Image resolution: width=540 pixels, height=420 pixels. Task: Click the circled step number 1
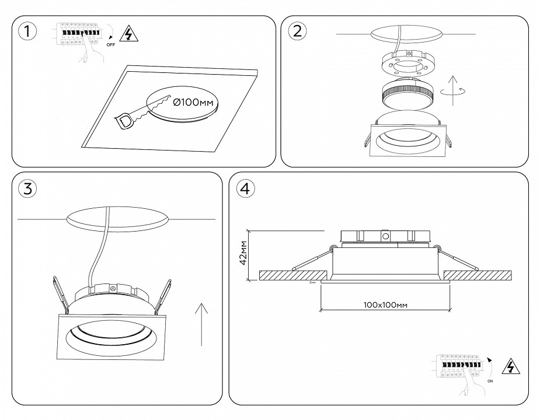(x=25, y=31)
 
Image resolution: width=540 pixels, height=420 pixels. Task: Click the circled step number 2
(x=297, y=31)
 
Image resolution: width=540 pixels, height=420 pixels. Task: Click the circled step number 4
(x=245, y=188)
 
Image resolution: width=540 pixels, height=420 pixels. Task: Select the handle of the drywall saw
(x=126, y=121)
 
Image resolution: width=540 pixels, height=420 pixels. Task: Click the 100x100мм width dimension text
(x=385, y=304)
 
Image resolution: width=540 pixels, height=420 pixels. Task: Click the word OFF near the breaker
(x=111, y=44)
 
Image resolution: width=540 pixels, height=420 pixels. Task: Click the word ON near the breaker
(x=489, y=380)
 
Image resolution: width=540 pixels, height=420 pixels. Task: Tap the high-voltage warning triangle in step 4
(x=511, y=366)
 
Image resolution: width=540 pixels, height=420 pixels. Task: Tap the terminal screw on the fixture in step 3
(x=113, y=288)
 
